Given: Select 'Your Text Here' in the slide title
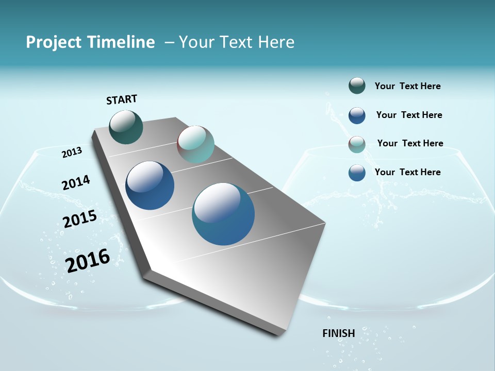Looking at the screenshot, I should coord(237,42).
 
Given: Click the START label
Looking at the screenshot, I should coord(122,99).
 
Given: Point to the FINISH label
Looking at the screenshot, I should coord(339,333).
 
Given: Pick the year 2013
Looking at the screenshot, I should coord(72,153).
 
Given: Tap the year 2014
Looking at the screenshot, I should coord(76,183).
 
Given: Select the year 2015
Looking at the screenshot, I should coord(79,219).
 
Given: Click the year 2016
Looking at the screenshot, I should coord(88,261).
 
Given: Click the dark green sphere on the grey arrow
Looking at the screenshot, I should coord(126,127).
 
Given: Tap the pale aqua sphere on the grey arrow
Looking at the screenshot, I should coord(195,144).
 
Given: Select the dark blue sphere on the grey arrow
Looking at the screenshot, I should coord(150,185).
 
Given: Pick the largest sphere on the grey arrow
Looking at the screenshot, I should coord(223,214).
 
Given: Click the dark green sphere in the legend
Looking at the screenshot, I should coord(357,86).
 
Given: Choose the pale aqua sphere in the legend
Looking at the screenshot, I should coord(357,145).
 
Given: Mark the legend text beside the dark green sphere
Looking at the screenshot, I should coord(407,87).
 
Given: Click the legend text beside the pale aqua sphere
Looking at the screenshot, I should coord(410,143).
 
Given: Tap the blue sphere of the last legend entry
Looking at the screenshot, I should coord(357,173).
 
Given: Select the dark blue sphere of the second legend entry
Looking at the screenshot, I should coord(357,115).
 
